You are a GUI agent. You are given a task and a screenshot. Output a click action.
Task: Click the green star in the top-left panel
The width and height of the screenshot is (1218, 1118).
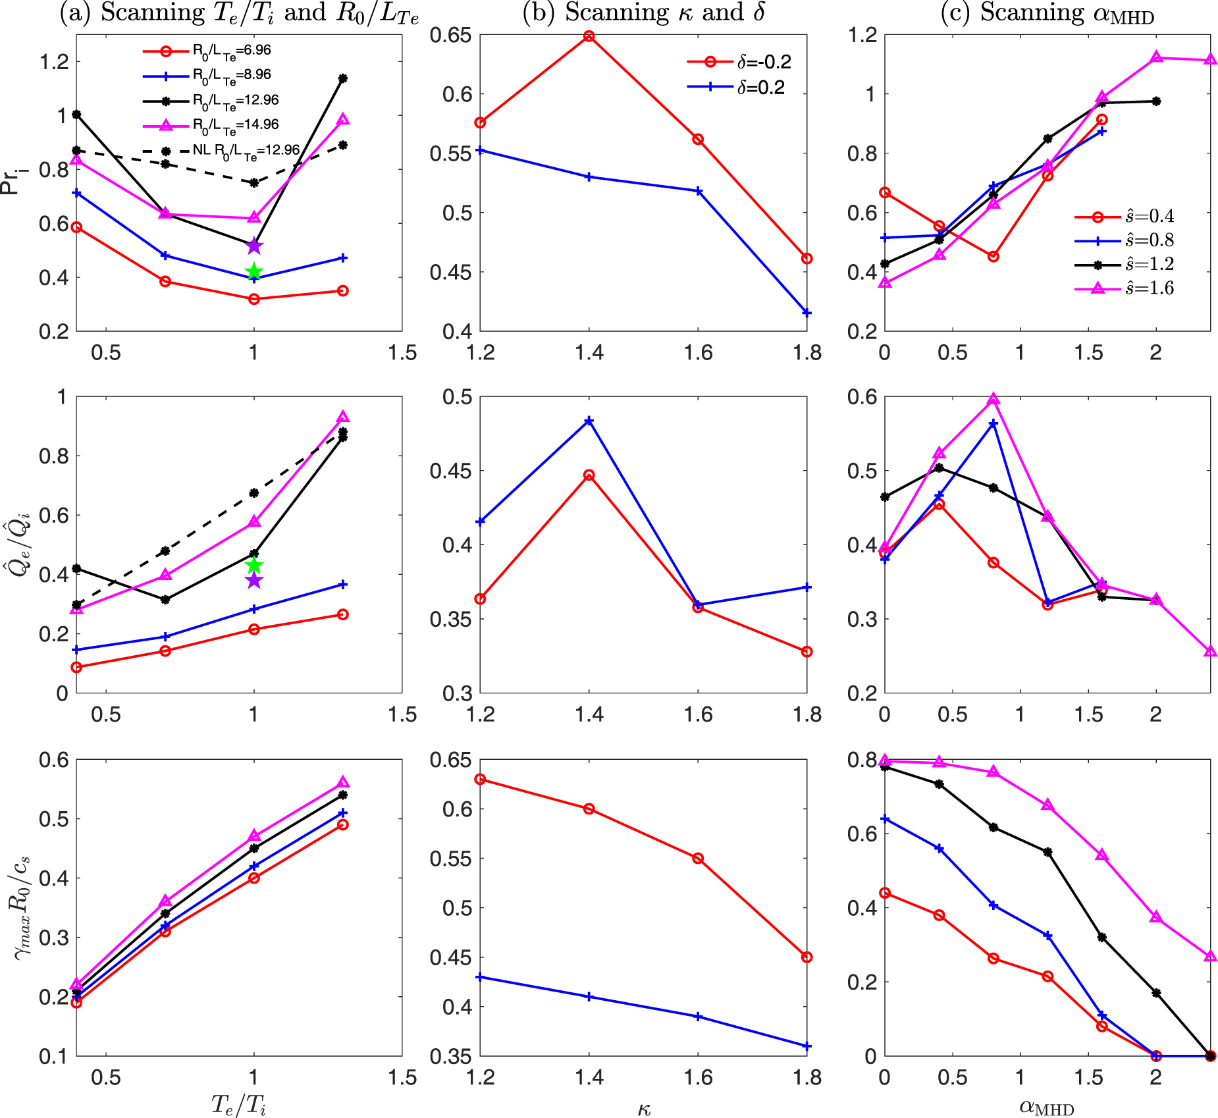point(254,272)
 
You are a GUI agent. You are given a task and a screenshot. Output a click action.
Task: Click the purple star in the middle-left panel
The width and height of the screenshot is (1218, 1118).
point(254,581)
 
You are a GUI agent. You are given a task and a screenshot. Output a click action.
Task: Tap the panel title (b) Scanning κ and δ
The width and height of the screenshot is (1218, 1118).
point(643,13)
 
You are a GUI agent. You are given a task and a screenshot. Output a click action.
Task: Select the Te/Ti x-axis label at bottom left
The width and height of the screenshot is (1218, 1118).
point(238,1104)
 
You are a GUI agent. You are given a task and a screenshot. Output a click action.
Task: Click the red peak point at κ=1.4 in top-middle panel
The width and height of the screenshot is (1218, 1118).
point(589,36)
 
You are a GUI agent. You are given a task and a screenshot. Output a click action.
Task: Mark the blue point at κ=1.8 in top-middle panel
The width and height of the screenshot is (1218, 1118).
point(807,313)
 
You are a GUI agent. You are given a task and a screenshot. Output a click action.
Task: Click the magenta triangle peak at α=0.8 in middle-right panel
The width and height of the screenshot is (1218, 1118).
point(993,399)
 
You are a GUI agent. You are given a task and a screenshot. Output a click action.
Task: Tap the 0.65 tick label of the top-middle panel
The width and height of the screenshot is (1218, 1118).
point(451,35)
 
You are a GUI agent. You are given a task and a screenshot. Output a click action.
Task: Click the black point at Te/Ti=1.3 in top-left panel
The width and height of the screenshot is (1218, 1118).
point(342,78)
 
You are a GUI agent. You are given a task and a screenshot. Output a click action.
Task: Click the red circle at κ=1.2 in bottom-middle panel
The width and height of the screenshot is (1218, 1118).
point(481,779)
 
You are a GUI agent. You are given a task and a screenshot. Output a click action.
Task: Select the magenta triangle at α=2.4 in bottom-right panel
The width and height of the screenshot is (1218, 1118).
point(1210,956)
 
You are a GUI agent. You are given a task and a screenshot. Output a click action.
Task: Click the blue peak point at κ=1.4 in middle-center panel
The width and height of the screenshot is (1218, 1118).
point(589,420)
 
